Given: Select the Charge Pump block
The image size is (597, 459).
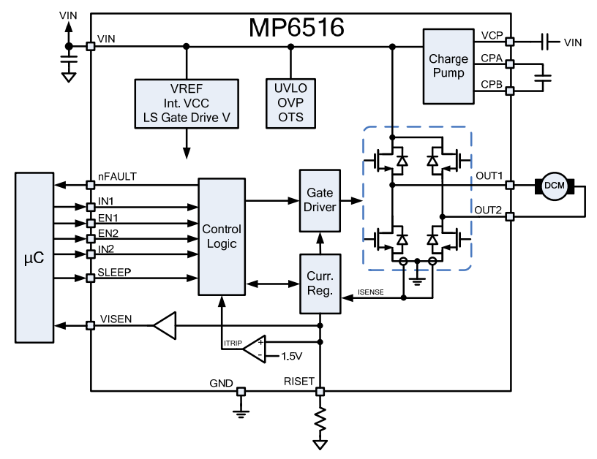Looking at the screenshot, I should click(x=447, y=66).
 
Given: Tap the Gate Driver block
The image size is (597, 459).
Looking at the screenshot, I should click(x=320, y=200).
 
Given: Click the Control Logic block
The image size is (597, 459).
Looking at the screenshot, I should click(x=221, y=236).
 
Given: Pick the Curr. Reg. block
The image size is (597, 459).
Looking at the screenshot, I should click(x=320, y=284).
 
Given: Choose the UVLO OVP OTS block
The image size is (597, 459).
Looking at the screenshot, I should click(x=290, y=103).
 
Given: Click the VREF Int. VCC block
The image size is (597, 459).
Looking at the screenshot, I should click(x=187, y=103).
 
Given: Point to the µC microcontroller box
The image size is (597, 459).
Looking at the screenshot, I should click(x=34, y=257).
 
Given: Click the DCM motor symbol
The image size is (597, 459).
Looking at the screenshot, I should click(x=554, y=186).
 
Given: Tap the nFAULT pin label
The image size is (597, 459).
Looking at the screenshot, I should click(x=117, y=176).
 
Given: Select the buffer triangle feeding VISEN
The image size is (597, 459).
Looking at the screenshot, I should click(x=165, y=325).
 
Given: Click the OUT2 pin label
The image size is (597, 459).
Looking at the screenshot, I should click(x=488, y=210).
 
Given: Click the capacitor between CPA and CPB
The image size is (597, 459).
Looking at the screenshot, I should click(x=542, y=76).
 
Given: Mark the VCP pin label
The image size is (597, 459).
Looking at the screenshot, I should click(x=491, y=35).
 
